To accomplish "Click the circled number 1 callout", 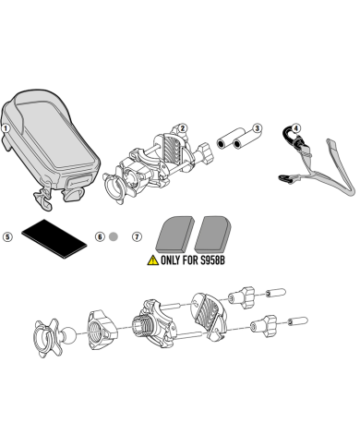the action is (6, 128).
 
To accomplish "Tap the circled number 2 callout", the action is (182, 128).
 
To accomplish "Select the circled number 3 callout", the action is (258, 128).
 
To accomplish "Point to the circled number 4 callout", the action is (295, 128).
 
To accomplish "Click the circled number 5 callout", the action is (7, 236).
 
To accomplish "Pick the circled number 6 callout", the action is (100, 236).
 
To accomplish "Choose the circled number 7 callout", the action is (137, 236).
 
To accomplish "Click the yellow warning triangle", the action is (153, 260).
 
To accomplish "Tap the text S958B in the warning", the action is (212, 260).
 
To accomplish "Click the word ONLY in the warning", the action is (171, 260).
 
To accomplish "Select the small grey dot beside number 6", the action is (114, 236).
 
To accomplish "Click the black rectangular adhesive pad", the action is (54, 238).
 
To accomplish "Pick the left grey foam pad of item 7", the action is (175, 234).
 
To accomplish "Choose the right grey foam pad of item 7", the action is (213, 234).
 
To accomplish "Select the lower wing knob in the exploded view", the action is (264, 324).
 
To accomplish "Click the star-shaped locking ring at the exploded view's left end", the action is (46, 338).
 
